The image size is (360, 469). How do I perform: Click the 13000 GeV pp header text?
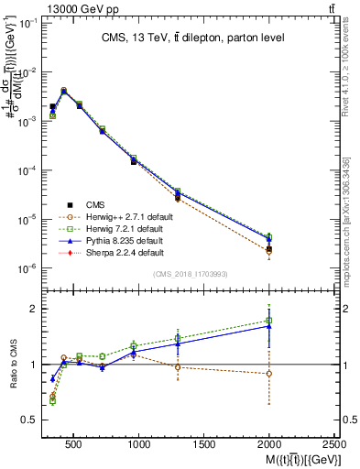(x=41, y=7)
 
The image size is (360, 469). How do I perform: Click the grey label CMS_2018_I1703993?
(x=191, y=274)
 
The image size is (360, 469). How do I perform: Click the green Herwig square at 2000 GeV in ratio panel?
(x=268, y=321)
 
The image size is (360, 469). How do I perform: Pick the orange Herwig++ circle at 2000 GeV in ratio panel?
(x=268, y=374)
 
